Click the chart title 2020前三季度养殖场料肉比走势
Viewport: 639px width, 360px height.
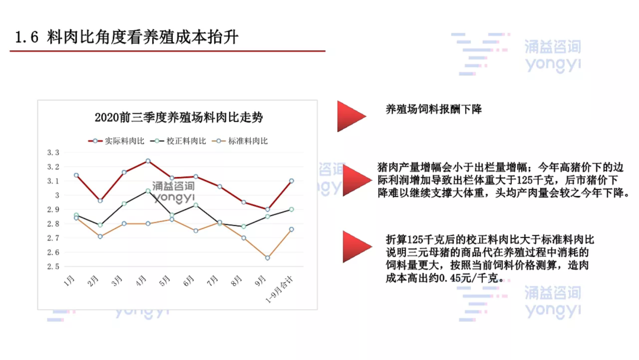(179, 117)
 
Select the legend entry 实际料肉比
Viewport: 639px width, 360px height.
(116, 141)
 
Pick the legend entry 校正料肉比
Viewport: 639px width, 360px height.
(178, 141)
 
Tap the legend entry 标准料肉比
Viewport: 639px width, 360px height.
(240, 141)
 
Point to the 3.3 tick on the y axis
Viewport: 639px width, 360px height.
(53, 153)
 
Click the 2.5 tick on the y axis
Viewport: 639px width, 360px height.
(53, 266)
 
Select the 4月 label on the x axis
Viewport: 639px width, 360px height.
(141, 281)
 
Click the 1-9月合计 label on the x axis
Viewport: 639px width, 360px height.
(279, 290)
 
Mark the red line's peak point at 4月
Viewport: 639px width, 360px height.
(148, 161)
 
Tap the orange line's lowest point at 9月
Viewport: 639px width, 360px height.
(267, 258)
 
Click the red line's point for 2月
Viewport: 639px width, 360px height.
(100, 201)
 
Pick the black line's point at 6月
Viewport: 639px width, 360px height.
(196, 205)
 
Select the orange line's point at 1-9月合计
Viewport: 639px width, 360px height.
(291, 230)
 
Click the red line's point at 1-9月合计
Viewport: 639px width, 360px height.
(291, 181)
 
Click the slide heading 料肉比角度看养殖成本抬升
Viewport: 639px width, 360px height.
(143, 37)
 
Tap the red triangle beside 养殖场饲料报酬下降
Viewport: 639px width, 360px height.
(349, 117)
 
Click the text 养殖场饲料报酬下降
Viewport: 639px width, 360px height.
(434, 110)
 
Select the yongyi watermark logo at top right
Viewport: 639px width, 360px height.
(517, 54)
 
